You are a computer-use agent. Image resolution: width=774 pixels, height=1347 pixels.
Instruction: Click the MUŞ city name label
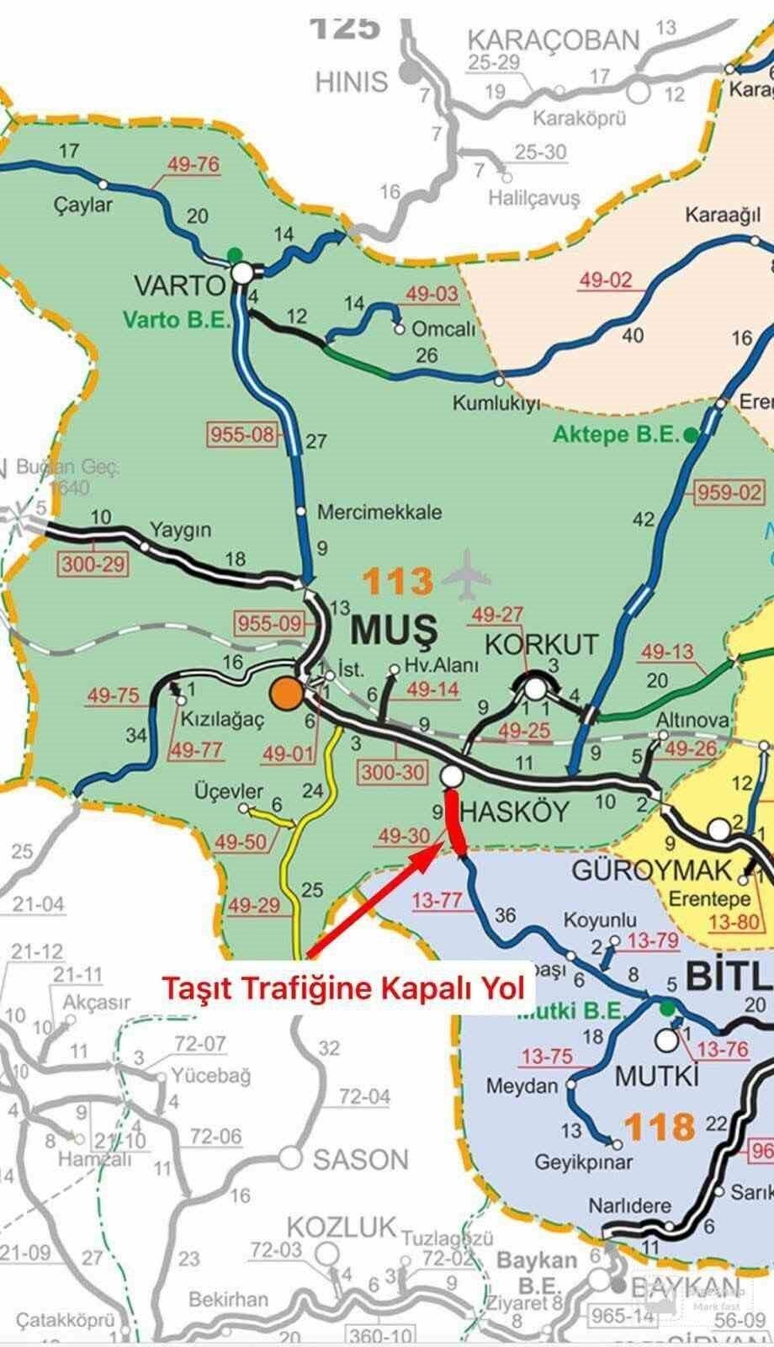tap(394, 628)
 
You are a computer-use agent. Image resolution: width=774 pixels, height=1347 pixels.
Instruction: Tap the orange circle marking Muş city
tap(286, 693)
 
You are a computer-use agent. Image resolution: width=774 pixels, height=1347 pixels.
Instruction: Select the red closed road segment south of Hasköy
tap(454, 822)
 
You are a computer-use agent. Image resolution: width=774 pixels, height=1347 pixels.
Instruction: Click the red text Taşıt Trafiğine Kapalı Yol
tap(343, 987)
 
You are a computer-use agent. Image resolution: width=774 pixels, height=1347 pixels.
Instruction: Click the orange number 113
tap(398, 582)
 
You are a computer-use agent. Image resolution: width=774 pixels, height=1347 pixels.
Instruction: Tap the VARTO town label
tap(179, 285)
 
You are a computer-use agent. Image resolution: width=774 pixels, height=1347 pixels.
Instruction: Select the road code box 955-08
tap(241, 435)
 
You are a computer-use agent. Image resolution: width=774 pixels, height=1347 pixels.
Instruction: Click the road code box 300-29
tap(93, 564)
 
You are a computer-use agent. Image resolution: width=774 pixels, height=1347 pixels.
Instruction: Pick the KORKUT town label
tap(543, 645)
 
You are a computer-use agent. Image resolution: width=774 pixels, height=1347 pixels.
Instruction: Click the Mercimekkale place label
tap(379, 512)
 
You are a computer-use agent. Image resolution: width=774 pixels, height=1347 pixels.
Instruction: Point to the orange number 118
tap(660, 1126)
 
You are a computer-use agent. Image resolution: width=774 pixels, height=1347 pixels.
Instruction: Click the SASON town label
tap(360, 1160)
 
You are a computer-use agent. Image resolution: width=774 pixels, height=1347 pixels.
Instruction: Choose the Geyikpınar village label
tap(584, 1163)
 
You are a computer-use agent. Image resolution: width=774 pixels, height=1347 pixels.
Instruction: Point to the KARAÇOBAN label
tap(554, 40)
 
